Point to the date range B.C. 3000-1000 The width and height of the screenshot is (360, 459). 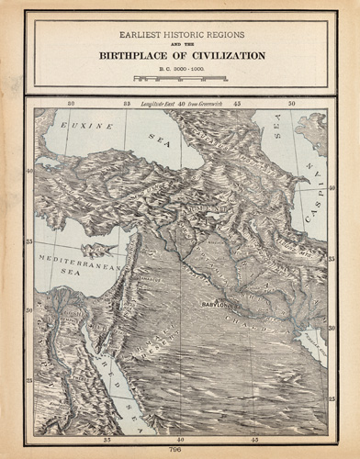pos(179,69)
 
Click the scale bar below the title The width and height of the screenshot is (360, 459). pos(179,79)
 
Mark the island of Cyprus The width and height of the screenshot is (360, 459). pos(95,247)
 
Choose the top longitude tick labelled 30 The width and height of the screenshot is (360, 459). pos(71,104)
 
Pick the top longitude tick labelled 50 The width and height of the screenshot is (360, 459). pos(292,104)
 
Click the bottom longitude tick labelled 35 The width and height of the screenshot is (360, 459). pos(108,440)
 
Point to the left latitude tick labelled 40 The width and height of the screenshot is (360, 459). pos(30,171)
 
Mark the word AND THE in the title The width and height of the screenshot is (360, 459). pos(179,43)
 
